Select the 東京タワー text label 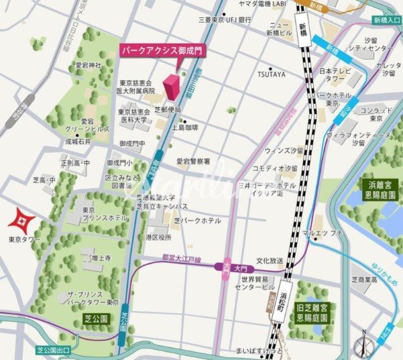click(25, 239)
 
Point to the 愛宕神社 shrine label click(87, 65)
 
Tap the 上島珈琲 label click(185, 126)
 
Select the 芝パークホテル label click(197, 221)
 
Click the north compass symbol click(363, 344)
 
